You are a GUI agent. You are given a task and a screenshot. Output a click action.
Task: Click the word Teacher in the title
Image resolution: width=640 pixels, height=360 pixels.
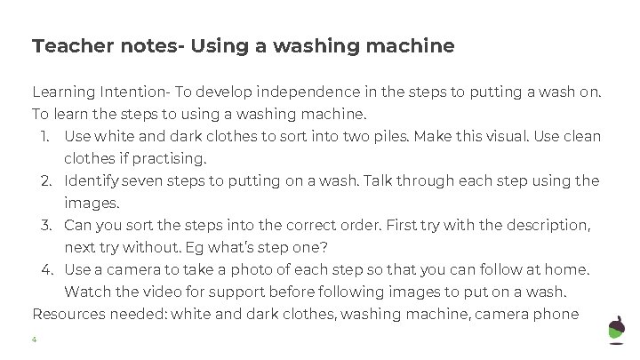(73, 45)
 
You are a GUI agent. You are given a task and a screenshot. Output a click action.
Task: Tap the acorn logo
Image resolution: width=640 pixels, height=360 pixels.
(616, 330)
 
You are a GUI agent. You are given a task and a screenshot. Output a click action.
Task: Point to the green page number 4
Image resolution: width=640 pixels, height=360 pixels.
(35, 340)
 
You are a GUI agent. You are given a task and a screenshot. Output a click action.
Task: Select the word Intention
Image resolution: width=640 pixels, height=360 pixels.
(133, 92)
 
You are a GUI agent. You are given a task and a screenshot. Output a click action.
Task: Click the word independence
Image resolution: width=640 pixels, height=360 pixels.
(308, 92)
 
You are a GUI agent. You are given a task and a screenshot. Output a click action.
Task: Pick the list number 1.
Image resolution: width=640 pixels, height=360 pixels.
(45, 136)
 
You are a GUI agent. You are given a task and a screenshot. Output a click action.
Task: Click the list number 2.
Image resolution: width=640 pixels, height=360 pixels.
(46, 180)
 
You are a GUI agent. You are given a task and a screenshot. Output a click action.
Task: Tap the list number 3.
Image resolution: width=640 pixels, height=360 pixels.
(46, 225)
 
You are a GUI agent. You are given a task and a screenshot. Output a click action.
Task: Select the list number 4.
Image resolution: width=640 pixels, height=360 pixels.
(46, 270)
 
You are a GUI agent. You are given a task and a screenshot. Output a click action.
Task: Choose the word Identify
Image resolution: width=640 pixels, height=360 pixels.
(92, 180)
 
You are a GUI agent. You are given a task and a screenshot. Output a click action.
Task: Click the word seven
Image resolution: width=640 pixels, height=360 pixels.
(141, 180)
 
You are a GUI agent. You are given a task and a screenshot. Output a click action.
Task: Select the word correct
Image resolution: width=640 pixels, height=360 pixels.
(310, 225)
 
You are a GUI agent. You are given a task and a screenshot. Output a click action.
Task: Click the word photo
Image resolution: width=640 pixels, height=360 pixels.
(251, 270)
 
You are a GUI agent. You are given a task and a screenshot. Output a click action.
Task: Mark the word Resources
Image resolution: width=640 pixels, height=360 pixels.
(68, 315)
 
